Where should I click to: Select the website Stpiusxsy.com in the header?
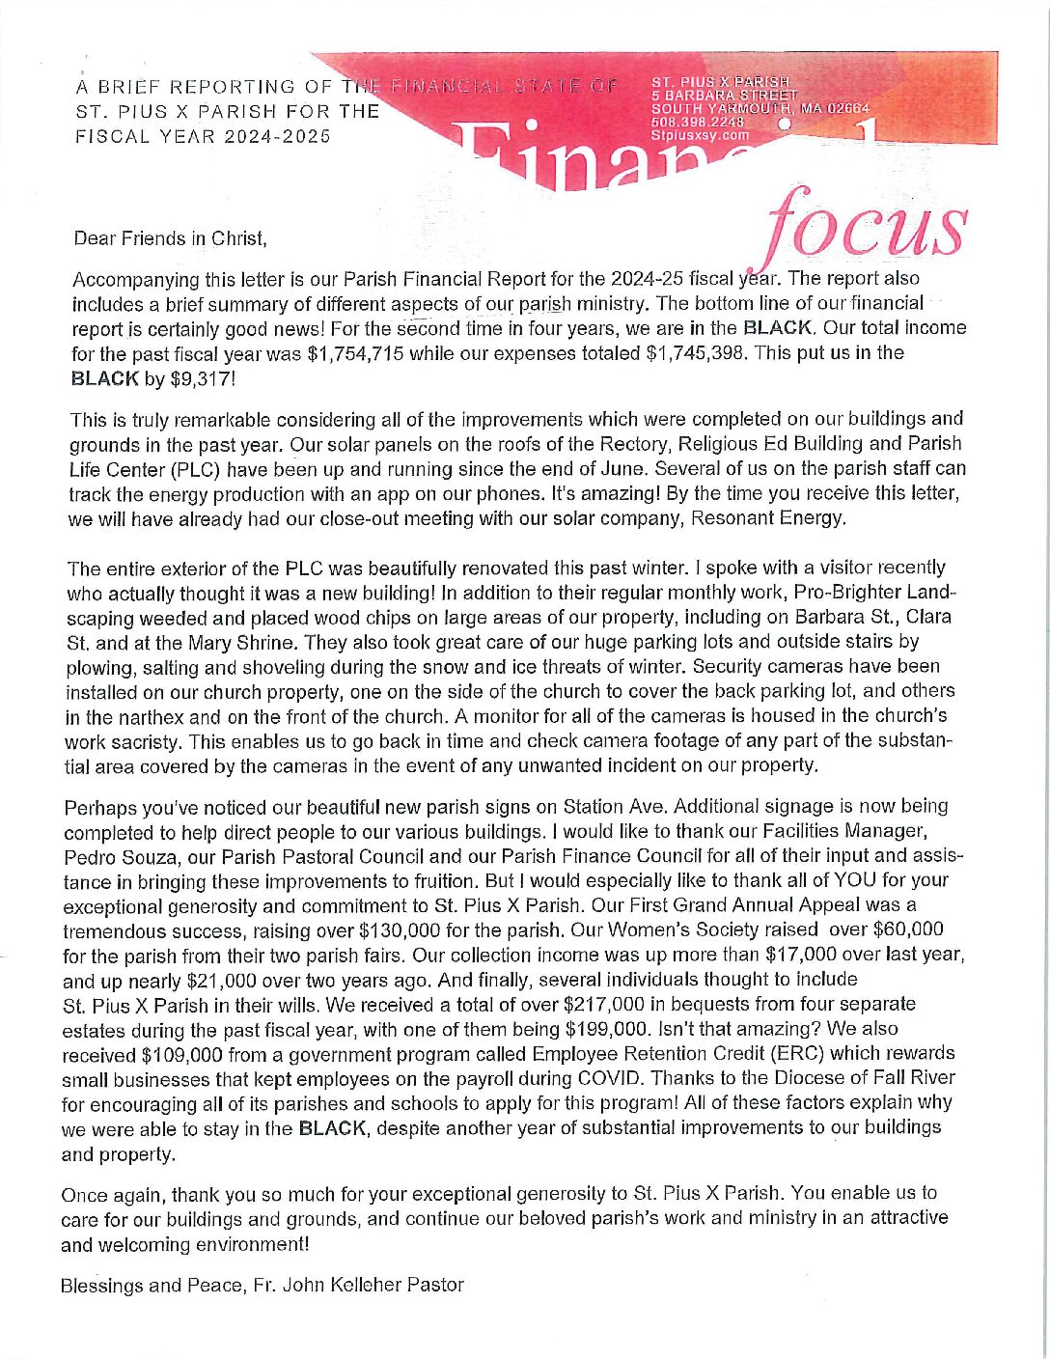coord(700,135)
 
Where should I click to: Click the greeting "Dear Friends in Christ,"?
coord(169,237)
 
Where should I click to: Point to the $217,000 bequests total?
coord(603,1004)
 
